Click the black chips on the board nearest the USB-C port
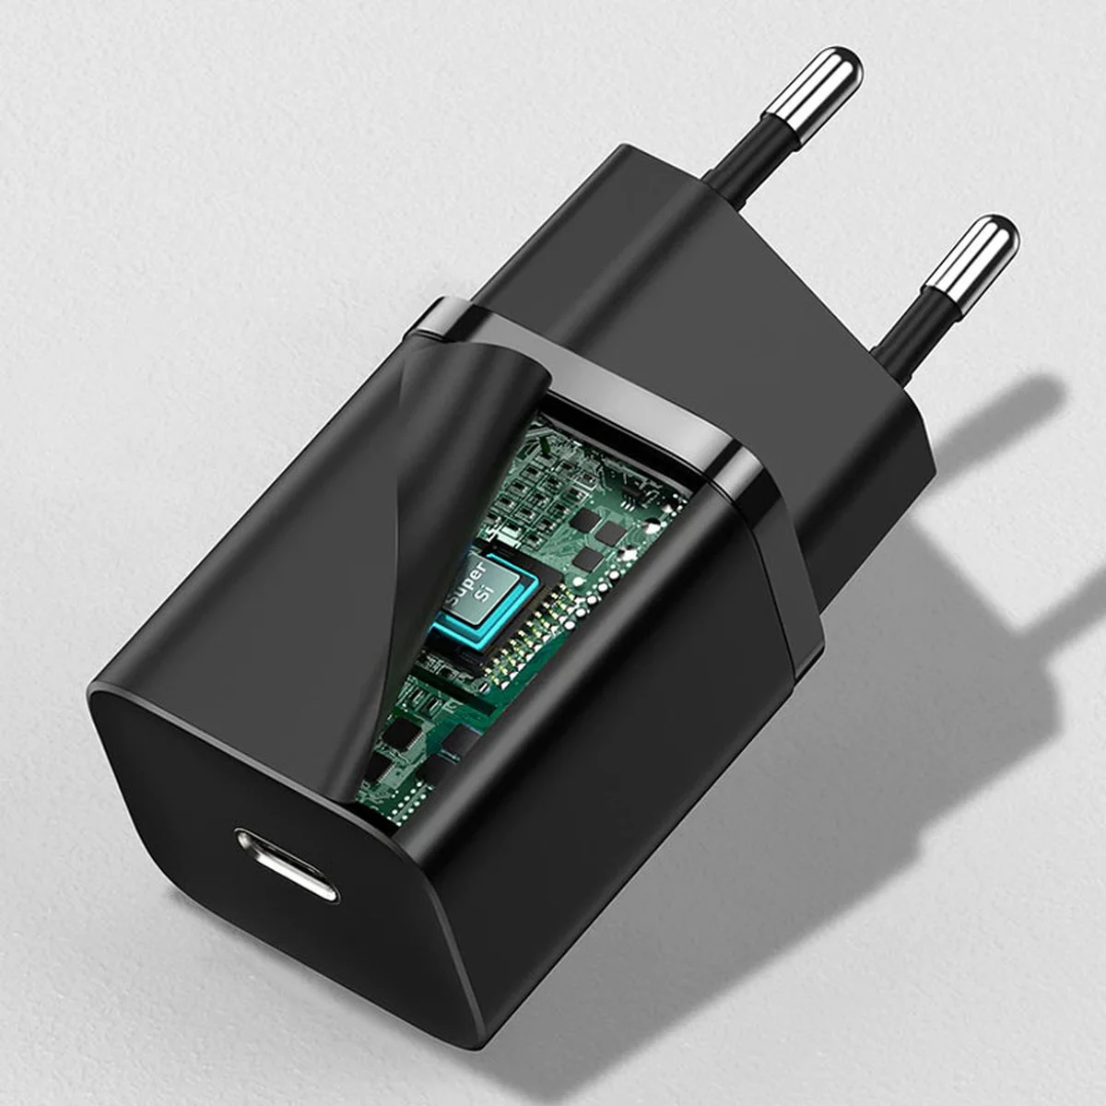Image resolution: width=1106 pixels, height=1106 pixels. coord(406,737)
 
